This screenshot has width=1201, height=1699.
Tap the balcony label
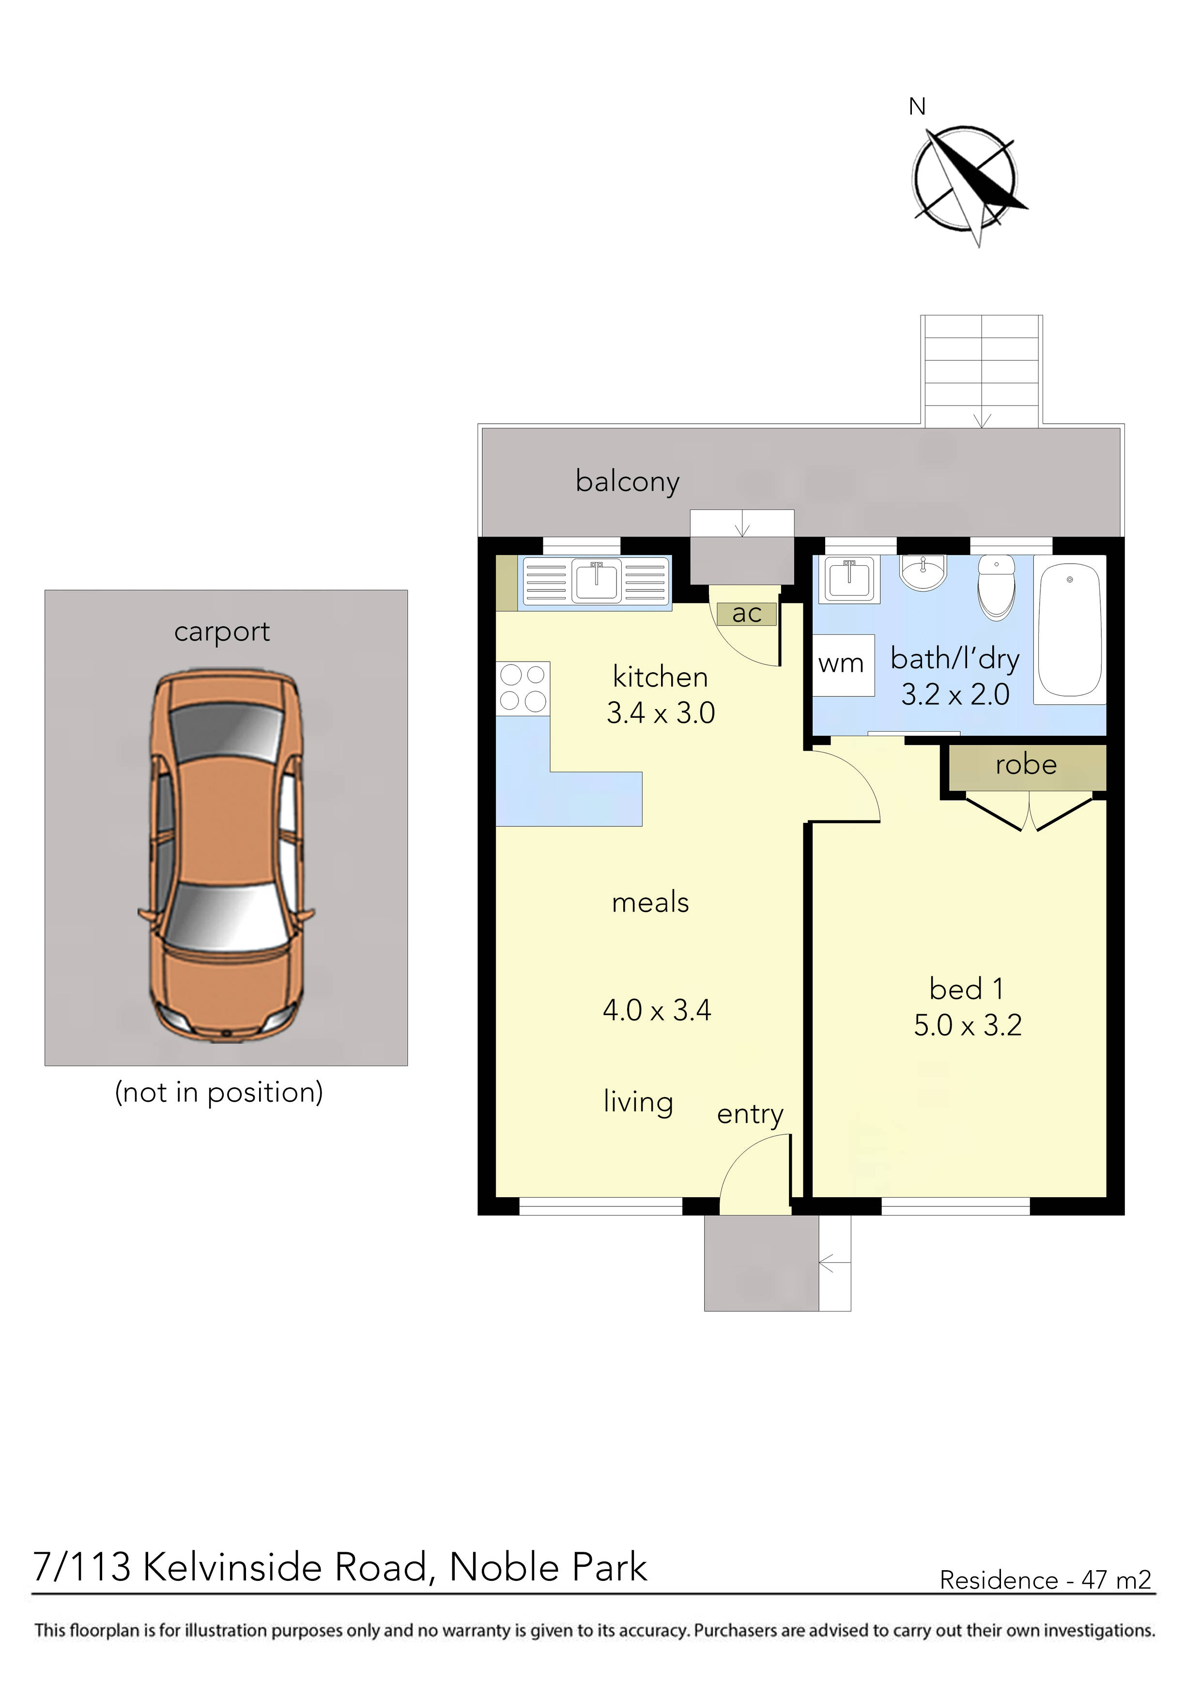(628, 482)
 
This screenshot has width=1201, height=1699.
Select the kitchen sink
(597, 581)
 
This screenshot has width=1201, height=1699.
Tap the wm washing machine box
(841, 664)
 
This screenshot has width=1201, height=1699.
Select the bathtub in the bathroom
(1070, 629)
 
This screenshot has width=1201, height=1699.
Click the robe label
(1026, 765)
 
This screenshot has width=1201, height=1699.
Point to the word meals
(650, 903)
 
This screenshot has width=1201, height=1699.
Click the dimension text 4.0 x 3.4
(657, 1011)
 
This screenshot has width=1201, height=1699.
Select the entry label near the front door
(750, 1114)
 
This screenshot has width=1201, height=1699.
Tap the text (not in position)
(219, 1092)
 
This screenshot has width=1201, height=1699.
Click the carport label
(222, 632)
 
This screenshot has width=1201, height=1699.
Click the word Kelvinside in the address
(285, 1567)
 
